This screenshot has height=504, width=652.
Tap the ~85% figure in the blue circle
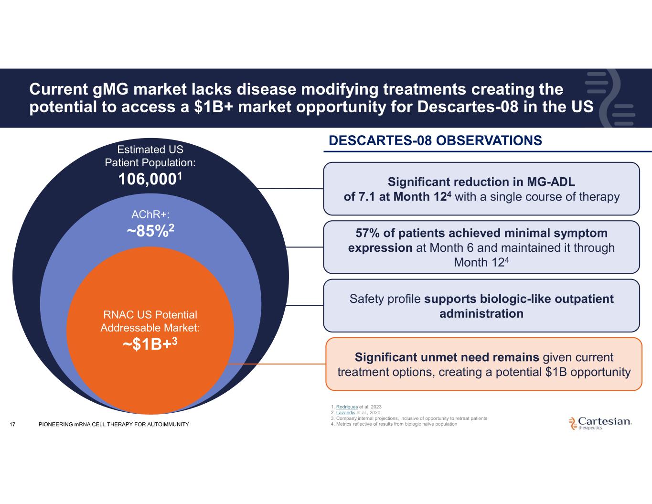click(x=148, y=231)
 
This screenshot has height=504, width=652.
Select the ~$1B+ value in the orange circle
click(x=147, y=344)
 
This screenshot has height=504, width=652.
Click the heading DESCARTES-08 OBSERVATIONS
click(x=435, y=140)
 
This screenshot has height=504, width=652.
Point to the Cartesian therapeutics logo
click(x=600, y=423)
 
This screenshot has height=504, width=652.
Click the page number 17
click(x=12, y=424)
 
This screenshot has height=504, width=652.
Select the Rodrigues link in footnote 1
click(x=347, y=407)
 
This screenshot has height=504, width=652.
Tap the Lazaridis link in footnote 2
click(x=345, y=412)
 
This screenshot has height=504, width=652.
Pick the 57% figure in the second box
click(x=368, y=233)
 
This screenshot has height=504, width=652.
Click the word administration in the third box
click(x=481, y=313)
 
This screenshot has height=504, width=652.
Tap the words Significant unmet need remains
click(x=447, y=357)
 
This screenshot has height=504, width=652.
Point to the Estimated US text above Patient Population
click(x=150, y=150)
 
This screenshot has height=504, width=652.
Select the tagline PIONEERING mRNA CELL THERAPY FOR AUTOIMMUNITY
click(x=114, y=424)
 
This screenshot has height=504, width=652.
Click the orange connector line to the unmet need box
click(x=277, y=364)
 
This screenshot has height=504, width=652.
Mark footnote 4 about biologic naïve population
click(x=394, y=424)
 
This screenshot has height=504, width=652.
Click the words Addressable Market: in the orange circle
click(x=150, y=328)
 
